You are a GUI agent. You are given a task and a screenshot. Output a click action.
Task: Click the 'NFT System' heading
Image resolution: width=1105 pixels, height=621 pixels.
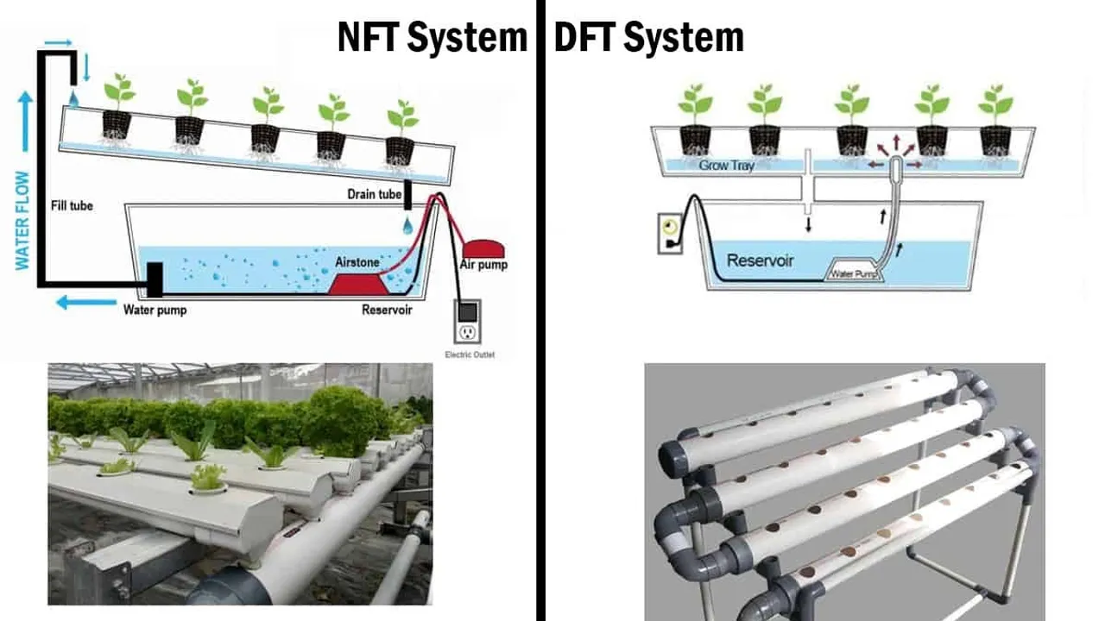pos(432,38)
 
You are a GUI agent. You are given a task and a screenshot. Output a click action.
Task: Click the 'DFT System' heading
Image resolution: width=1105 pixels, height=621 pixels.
pos(648,38)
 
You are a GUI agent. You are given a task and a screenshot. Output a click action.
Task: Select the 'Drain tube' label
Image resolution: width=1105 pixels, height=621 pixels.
pos(374,194)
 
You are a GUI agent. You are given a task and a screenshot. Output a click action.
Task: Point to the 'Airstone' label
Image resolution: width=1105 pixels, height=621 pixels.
pos(357,260)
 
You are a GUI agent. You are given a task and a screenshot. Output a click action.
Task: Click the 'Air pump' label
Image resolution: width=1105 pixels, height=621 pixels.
pos(483,265)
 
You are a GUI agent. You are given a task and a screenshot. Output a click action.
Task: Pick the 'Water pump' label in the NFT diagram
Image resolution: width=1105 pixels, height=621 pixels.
pos(155,310)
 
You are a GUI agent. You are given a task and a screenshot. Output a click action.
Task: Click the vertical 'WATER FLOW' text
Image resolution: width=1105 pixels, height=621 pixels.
pos(22,220)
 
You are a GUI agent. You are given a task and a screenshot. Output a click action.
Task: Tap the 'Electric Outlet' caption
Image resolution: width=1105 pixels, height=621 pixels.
pos(470,354)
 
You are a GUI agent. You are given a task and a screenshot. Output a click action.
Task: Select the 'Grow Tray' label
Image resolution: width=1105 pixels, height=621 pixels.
pos(727,165)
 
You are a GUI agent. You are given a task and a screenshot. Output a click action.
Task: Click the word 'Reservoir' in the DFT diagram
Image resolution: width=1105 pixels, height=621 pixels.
pos(761,260)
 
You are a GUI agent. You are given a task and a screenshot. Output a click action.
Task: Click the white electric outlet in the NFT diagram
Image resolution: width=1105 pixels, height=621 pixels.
pos(468,322)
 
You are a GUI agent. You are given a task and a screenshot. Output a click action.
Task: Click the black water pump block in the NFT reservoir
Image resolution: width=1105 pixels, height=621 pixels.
pos(155,279)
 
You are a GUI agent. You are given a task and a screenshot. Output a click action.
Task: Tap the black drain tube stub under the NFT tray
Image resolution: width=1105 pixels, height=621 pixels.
pos(407,195)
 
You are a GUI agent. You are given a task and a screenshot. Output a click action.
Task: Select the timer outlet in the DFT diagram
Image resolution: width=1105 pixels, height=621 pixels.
pos(671,233)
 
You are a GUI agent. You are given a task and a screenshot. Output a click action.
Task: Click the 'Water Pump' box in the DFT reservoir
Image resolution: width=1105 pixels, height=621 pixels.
pos(853,273)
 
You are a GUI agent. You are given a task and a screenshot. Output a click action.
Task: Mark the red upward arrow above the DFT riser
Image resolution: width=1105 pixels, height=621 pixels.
pos(896,141)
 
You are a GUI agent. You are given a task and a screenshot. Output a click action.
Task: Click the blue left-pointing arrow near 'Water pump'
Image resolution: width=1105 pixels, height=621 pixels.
pos(85,302)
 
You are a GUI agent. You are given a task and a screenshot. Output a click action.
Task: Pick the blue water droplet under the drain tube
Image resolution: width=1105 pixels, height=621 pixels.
pos(407,225)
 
